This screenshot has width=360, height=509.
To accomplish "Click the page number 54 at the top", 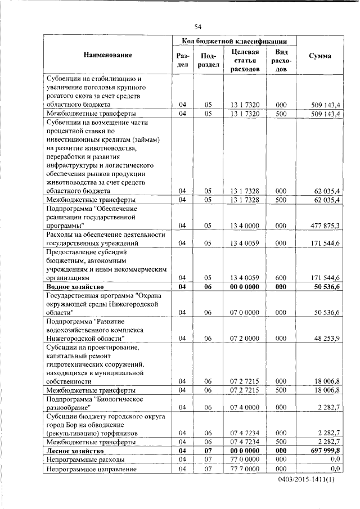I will pyautogui.click(x=198, y=26).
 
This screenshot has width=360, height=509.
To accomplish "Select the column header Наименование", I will pyautogui.click(x=108, y=55).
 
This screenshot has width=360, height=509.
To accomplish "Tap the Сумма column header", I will pyautogui.click(x=320, y=55).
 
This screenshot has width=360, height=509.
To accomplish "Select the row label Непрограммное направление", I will pyautogui.click(x=84, y=469).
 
